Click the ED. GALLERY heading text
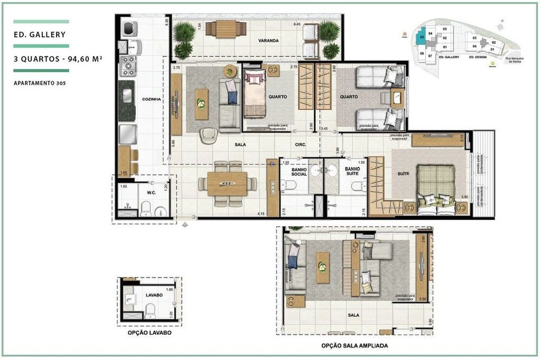(x=39, y=35)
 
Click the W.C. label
(x=152, y=192)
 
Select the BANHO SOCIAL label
(x=299, y=173)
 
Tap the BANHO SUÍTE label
(x=354, y=173)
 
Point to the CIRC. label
(x=301, y=145)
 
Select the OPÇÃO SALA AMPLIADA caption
(x=354, y=345)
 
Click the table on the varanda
(x=226, y=28)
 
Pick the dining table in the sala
(x=227, y=184)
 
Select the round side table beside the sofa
(x=230, y=71)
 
